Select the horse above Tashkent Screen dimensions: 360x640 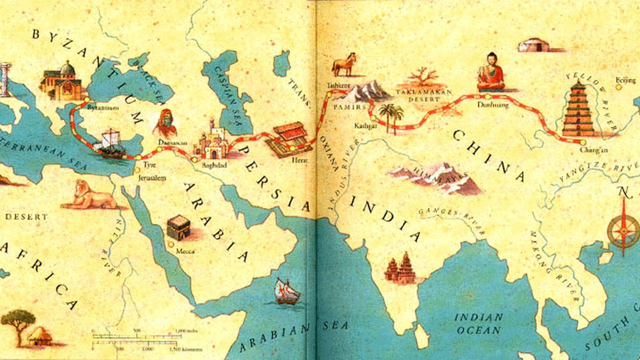[345, 64]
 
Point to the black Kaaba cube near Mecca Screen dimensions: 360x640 [178, 228]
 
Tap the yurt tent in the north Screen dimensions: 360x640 [533, 45]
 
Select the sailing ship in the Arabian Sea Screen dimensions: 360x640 [287, 291]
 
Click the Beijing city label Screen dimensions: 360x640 [625, 80]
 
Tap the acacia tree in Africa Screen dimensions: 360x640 [18, 323]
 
